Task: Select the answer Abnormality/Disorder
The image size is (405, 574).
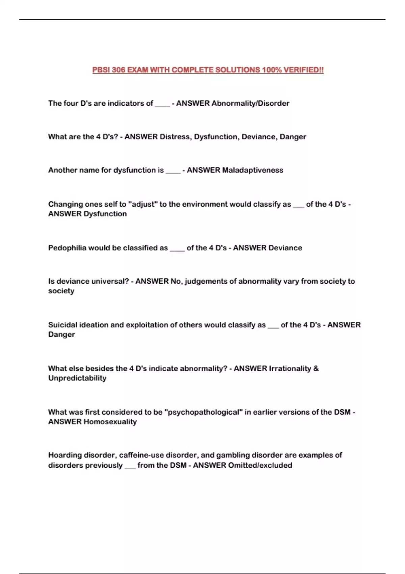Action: (x=250, y=103)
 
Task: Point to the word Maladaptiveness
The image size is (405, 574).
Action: (x=252, y=170)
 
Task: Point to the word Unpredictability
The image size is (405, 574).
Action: (x=77, y=378)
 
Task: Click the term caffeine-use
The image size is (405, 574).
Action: (x=141, y=455)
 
